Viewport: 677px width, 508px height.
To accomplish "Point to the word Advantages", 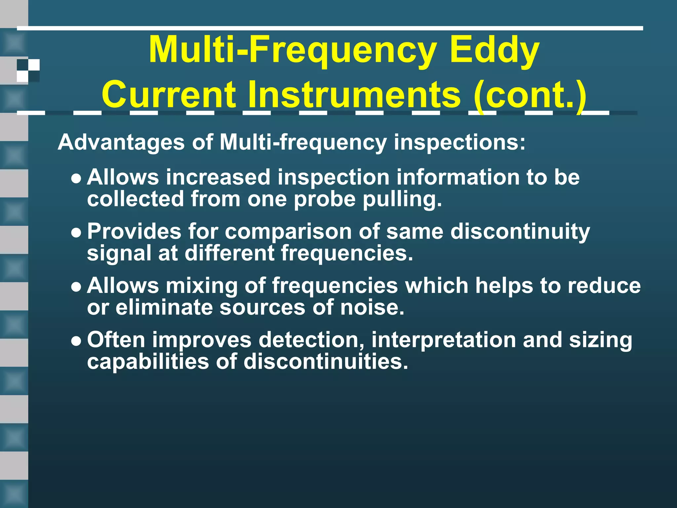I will click(x=121, y=142).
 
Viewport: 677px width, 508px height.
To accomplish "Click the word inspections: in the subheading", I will click(x=459, y=142).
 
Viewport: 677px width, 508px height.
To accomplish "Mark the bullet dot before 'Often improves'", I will click(x=76, y=341).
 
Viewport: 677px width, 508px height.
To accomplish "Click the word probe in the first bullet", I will click(x=324, y=199).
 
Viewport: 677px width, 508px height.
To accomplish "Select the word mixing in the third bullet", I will click(x=201, y=285).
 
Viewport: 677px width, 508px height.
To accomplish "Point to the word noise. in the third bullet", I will click(x=372, y=307).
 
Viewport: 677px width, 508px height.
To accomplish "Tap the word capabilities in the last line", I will click(x=148, y=361).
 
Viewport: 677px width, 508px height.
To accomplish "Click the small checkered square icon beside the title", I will click(x=28, y=70).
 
